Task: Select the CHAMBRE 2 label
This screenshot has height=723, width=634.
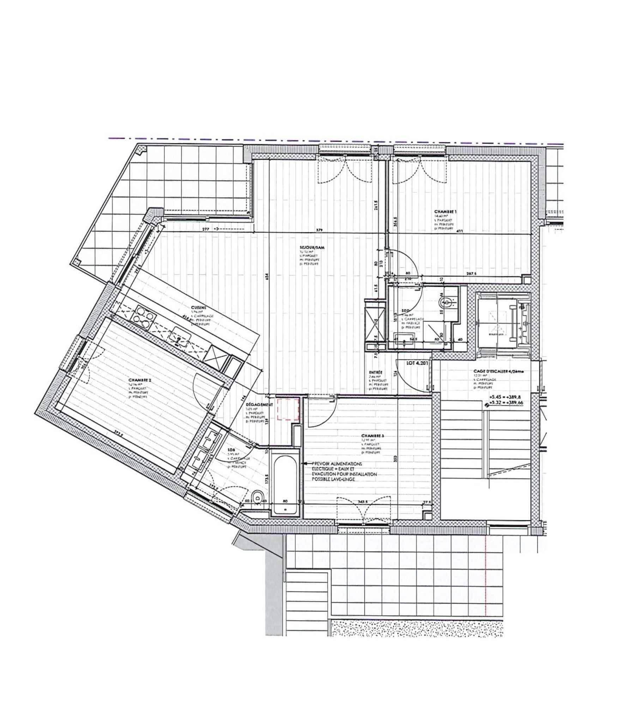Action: (140, 380)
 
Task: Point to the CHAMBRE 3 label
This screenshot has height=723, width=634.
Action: (373, 436)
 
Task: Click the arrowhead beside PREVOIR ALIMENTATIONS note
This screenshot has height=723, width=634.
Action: (303, 463)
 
